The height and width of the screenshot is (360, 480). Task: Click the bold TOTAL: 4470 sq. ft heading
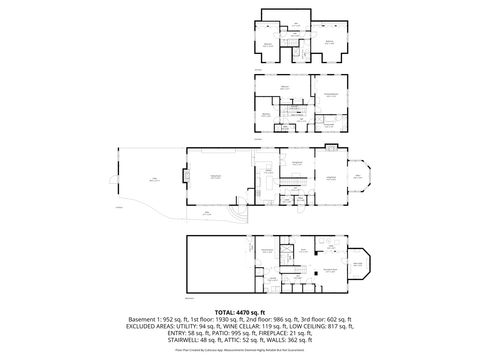[239, 311]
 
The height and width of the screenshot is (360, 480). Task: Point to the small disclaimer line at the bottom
[240, 352]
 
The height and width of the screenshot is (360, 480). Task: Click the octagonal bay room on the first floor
[357, 180]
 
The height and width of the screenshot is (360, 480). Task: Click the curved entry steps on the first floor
[235, 218]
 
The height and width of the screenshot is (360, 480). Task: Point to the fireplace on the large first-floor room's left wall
[185, 177]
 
